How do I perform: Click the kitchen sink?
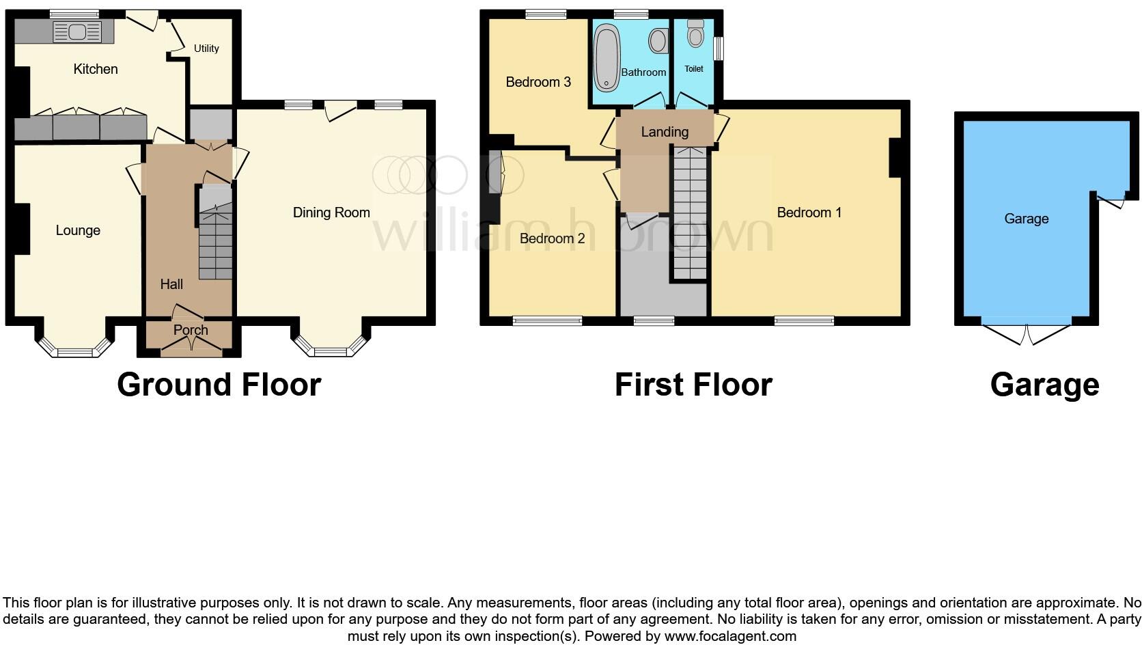click(76, 31)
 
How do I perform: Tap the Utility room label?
click(206, 49)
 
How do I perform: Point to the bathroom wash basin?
click(658, 41)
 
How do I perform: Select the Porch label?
click(191, 330)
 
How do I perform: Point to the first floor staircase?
click(689, 215)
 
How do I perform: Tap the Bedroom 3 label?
click(538, 82)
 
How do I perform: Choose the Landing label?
click(665, 132)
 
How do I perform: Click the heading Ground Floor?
click(219, 385)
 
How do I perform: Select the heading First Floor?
click(693, 385)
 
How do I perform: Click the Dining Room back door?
click(339, 109)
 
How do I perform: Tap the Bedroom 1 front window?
click(804, 320)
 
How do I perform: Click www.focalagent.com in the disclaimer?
click(729, 636)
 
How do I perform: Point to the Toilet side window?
click(718, 49)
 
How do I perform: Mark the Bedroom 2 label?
click(552, 238)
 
